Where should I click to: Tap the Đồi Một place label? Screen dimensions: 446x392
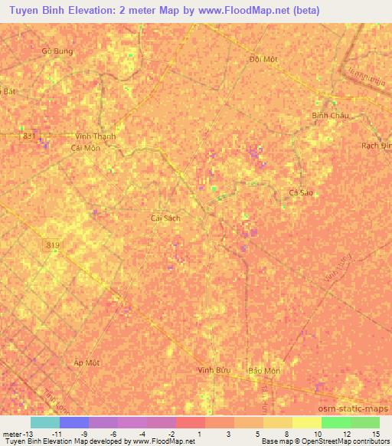tap(263, 59)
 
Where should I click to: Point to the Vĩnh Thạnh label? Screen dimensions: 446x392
tap(96, 136)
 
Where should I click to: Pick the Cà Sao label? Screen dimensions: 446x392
tap(301, 193)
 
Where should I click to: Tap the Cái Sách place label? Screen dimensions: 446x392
tap(165, 218)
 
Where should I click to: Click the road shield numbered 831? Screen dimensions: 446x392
tap(29, 136)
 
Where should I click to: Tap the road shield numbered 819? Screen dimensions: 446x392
tap(52, 244)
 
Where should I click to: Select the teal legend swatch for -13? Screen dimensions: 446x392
tap(44, 422)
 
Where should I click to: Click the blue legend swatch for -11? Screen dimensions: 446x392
tap(73, 422)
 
